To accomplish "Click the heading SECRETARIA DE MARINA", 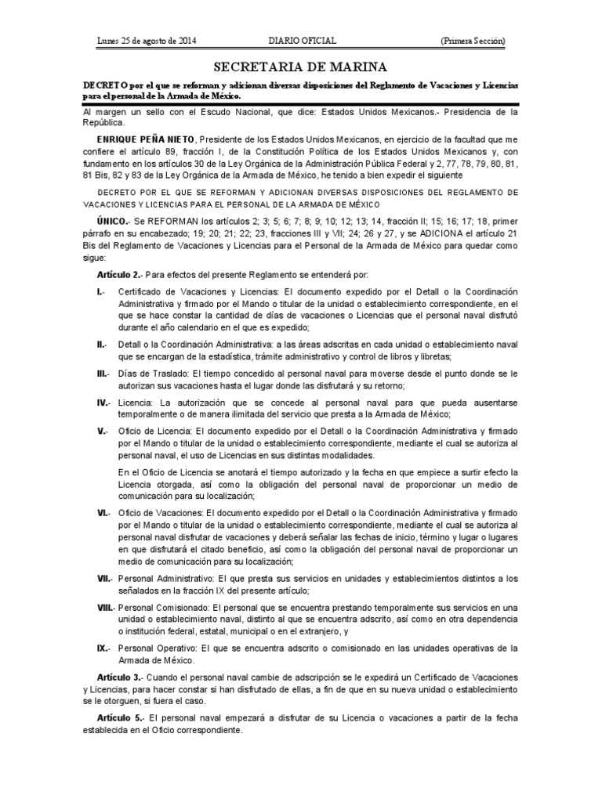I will click(301, 67).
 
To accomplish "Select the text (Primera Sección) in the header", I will click(473, 41).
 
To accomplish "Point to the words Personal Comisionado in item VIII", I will click(163, 607).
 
